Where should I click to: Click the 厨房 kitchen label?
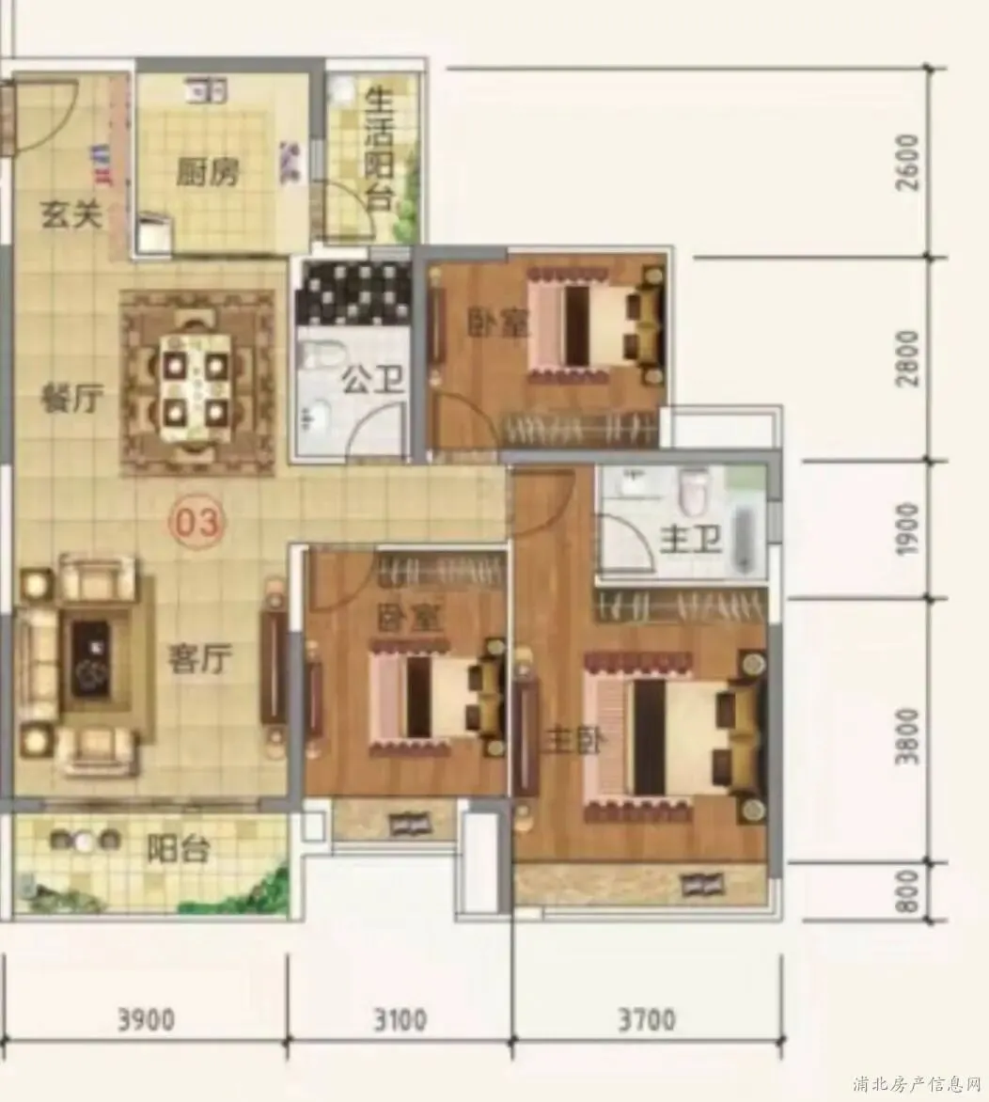coord(208,172)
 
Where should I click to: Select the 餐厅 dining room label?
coord(72,401)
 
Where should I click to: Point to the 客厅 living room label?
coord(199,660)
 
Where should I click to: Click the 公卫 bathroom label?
coord(372,382)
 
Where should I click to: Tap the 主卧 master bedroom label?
coord(570,742)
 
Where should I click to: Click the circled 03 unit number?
coord(197,523)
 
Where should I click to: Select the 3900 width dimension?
coord(146,1020)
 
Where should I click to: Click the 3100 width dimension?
coord(400,1020)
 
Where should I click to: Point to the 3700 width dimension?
coord(647,1020)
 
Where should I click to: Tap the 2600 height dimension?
coord(909,162)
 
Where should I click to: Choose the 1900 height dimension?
coord(909,528)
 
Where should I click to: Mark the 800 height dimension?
coord(909,892)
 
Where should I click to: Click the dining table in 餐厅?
coord(196,384)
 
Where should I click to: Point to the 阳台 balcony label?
coord(179,850)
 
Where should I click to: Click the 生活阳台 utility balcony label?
coord(378,151)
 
